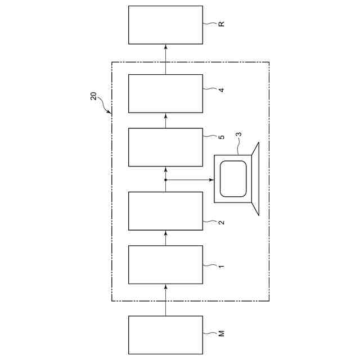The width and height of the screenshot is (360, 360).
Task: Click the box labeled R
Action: click(165, 25)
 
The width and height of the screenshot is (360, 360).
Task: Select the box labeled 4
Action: click(165, 93)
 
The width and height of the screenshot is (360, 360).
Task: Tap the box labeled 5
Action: click(165, 147)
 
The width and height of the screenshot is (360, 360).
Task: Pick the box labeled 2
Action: click(165, 211)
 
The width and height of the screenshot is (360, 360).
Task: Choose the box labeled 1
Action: click(165, 264)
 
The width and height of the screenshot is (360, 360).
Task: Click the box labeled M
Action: click(165, 335)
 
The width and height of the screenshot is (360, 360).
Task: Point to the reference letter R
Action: click(222, 24)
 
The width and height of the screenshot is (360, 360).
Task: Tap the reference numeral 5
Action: click(222, 137)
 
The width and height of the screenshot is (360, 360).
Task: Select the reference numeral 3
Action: click(238, 135)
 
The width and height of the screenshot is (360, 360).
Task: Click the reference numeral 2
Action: click(222, 222)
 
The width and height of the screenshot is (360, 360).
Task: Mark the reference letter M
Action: click(222, 334)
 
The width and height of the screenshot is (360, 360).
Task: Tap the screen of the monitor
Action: click(233, 178)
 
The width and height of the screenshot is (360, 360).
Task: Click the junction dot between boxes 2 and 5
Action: click(165, 180)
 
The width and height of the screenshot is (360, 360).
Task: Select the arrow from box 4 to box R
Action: click(165, 58)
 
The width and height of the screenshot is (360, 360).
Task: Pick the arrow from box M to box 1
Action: click(165, 299)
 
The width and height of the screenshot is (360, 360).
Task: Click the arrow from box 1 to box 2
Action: click(165, 237)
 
